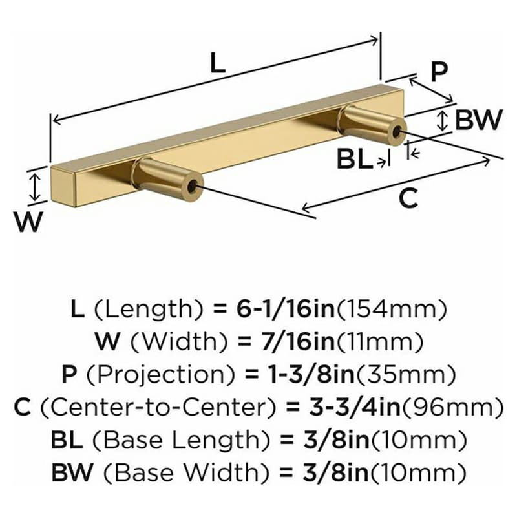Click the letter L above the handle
click(218, 63)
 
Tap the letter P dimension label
click(439, 72)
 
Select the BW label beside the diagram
click(478, 120)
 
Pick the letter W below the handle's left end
click(28, 222)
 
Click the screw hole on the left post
click(192, 187)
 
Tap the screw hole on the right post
click(396, 132)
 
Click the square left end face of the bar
click(63, 187)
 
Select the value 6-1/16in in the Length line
click(286, 309)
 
